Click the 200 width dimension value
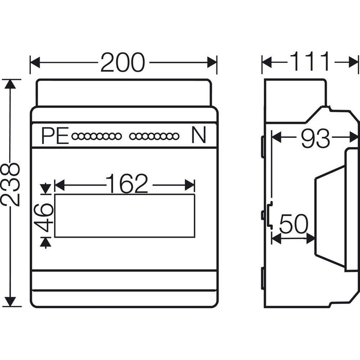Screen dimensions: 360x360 pos(122,63)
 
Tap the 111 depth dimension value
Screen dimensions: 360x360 pos(310,62)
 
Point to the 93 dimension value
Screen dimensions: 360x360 pos(315,138)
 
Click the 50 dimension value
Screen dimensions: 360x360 pos(294,224)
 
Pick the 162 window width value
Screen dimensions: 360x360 pos(127,184)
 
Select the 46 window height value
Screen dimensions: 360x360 pos(45,215)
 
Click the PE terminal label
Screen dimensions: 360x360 pos(55,136)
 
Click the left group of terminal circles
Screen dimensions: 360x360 pos(97,137)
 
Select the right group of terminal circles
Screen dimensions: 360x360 pos(154,137)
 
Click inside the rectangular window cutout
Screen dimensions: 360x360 pos(124,216)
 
